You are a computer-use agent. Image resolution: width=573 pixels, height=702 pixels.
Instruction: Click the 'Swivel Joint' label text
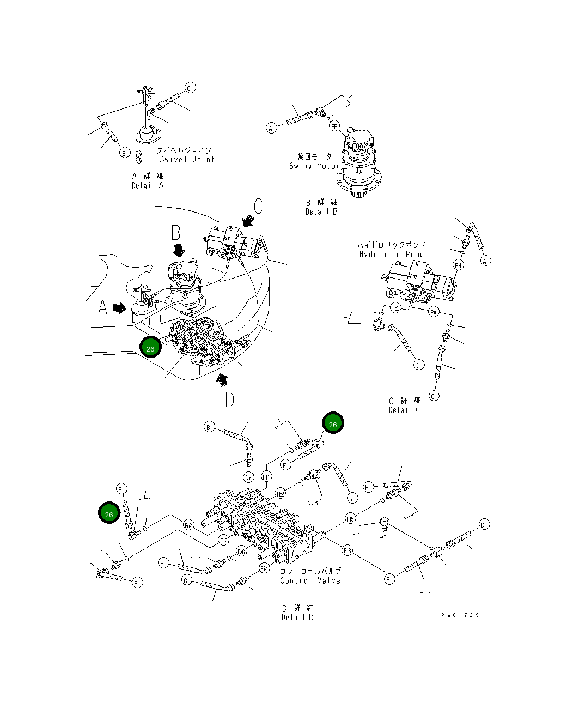(187, 159)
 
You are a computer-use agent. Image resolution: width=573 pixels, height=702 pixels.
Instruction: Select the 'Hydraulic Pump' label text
(391, 254)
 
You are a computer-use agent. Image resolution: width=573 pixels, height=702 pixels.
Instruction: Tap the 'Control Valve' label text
(310, 580)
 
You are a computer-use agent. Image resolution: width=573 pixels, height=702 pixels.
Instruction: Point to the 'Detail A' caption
(147, 185)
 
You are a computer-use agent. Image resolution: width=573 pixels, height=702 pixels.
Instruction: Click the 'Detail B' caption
(321, 211)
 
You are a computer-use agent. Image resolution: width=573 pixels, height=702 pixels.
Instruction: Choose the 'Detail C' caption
(404, 410)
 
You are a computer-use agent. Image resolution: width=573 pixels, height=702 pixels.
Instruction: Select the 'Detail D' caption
(297, 617)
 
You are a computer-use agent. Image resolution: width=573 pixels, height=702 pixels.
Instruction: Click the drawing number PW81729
(460, 615)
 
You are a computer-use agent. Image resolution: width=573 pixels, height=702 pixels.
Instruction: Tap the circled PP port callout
(334, 126)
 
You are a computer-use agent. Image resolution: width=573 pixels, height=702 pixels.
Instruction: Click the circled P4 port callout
(459, 265)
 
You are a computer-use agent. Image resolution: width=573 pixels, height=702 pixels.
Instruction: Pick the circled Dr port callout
(248, 477)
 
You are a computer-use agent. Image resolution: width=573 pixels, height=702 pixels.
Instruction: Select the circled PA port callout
(434, 312)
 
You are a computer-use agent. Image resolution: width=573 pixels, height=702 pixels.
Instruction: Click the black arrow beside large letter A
(119, 308)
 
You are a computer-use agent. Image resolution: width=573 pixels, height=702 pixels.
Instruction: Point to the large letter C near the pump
(258, 206)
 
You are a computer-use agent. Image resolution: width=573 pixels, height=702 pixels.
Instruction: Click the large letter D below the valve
(229, 400)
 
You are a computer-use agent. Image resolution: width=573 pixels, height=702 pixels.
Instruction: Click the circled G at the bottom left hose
(186, 581)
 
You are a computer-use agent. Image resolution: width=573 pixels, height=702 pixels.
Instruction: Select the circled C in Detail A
(190, 87)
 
